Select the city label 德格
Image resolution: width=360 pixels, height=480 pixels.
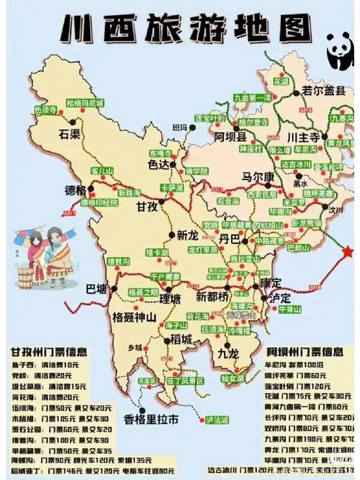75,191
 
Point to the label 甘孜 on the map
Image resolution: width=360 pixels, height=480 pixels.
147,207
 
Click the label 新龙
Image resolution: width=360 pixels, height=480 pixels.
186,235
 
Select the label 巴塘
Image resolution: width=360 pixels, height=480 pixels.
96,289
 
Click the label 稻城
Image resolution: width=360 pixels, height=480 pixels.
177,338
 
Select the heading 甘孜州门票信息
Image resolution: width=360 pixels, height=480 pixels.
49,353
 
